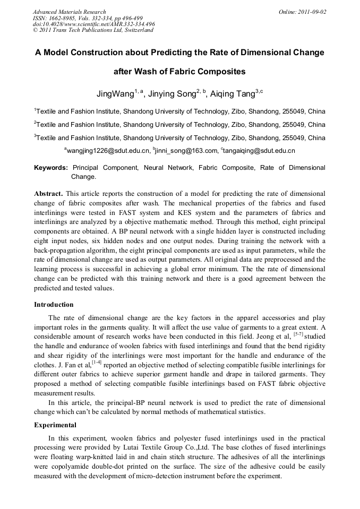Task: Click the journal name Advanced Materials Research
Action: (x=69, y=12)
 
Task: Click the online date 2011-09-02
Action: (x=312, y=12)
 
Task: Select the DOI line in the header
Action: (x=93, y=24)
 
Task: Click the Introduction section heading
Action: (x=54, y=305)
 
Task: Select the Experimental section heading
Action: (x=55, y=425)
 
